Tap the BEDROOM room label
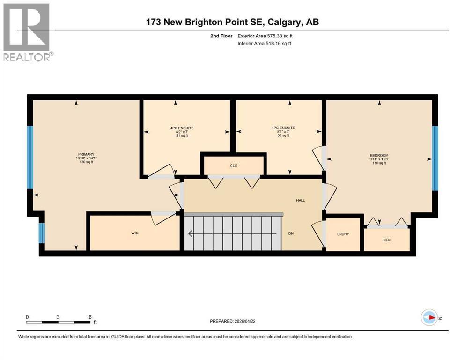[x=379, y=156]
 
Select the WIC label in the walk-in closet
[x=135, y=233]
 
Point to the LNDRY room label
[x=343, y=234]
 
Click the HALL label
[x=300, y=200]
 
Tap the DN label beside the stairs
[x=291, y=233]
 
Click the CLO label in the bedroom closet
[x=386, y=240]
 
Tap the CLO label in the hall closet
[x=234, y=165]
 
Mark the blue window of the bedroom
[x=435, y=158]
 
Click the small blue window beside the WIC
[x=41, y=233]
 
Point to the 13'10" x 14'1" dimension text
[x=87, y=158]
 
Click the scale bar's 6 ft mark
[x=89, y=317]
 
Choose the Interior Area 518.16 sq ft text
[x=264, y=44]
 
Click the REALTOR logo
[x=28, y=32]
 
